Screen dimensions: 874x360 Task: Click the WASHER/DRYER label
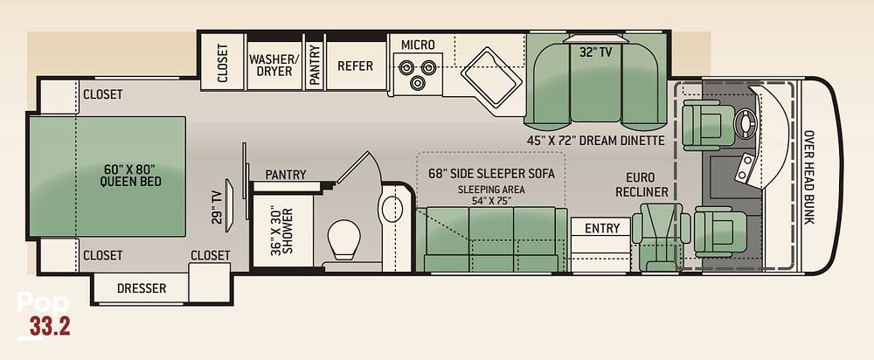[274, 66]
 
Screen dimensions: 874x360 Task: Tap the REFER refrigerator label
[355, 66]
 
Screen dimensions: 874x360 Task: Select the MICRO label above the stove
[418, 45]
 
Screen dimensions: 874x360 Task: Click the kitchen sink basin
[491, 77]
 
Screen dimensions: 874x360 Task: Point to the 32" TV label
[596, 52]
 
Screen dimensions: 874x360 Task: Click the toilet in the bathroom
[343, 239]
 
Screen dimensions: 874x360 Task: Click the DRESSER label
[142, 288]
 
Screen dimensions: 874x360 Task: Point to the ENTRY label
[602, 228]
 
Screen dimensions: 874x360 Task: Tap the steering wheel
[746, 120]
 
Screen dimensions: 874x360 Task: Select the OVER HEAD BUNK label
[808, 177]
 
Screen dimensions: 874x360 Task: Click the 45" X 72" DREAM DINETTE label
[596, 141]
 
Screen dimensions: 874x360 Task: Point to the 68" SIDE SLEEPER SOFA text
[491, 173]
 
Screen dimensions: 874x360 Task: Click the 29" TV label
[217, 207]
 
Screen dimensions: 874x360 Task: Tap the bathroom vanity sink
[393, 209]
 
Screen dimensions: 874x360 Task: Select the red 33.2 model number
[50, 327]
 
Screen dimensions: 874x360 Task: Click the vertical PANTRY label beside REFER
[315, 66]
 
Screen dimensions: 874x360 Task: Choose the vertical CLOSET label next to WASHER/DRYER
[222, 63]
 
